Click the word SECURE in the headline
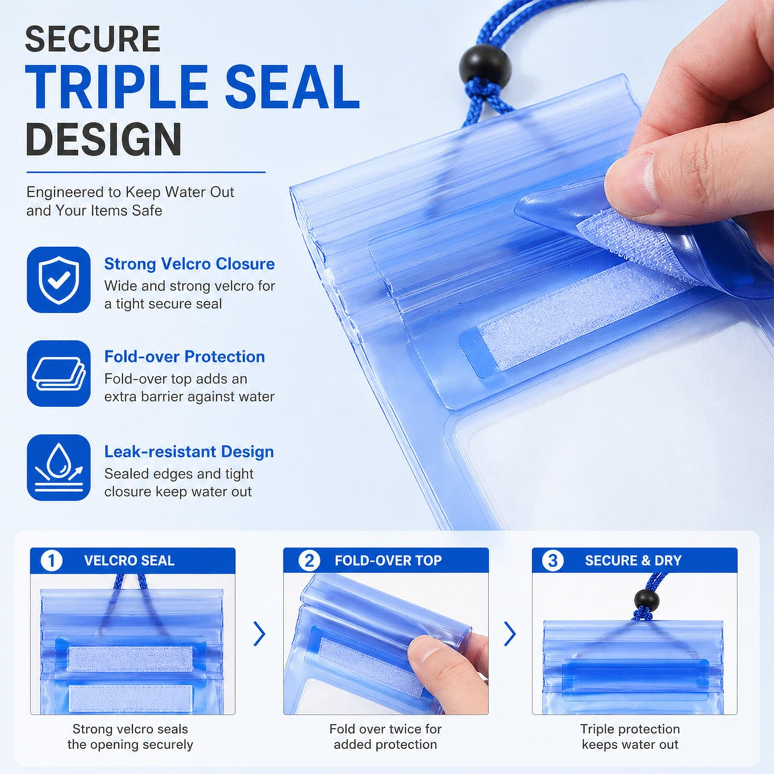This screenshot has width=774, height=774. pos(92,39)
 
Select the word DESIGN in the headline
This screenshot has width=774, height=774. pos(103,139)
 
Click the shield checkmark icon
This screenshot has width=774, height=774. pos(59,280)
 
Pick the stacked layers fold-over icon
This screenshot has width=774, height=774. pos(59,373)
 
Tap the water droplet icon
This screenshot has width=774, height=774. pos(59,467)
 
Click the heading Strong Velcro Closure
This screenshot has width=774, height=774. pos(189,264)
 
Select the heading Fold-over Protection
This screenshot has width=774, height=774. pos(184,357)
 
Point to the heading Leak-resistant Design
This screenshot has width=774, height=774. pos(189,452)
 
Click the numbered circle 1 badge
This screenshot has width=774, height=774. pos(51,560)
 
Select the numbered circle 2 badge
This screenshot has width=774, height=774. pos(309,560)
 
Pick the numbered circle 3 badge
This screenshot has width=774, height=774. pos(553,560)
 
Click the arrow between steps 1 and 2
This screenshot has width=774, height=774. pos(259,634)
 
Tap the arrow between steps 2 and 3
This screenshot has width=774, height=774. pos(510,634)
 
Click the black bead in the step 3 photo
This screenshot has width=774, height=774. pos(647,600)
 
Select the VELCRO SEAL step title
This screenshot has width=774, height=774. pos(129,561)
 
